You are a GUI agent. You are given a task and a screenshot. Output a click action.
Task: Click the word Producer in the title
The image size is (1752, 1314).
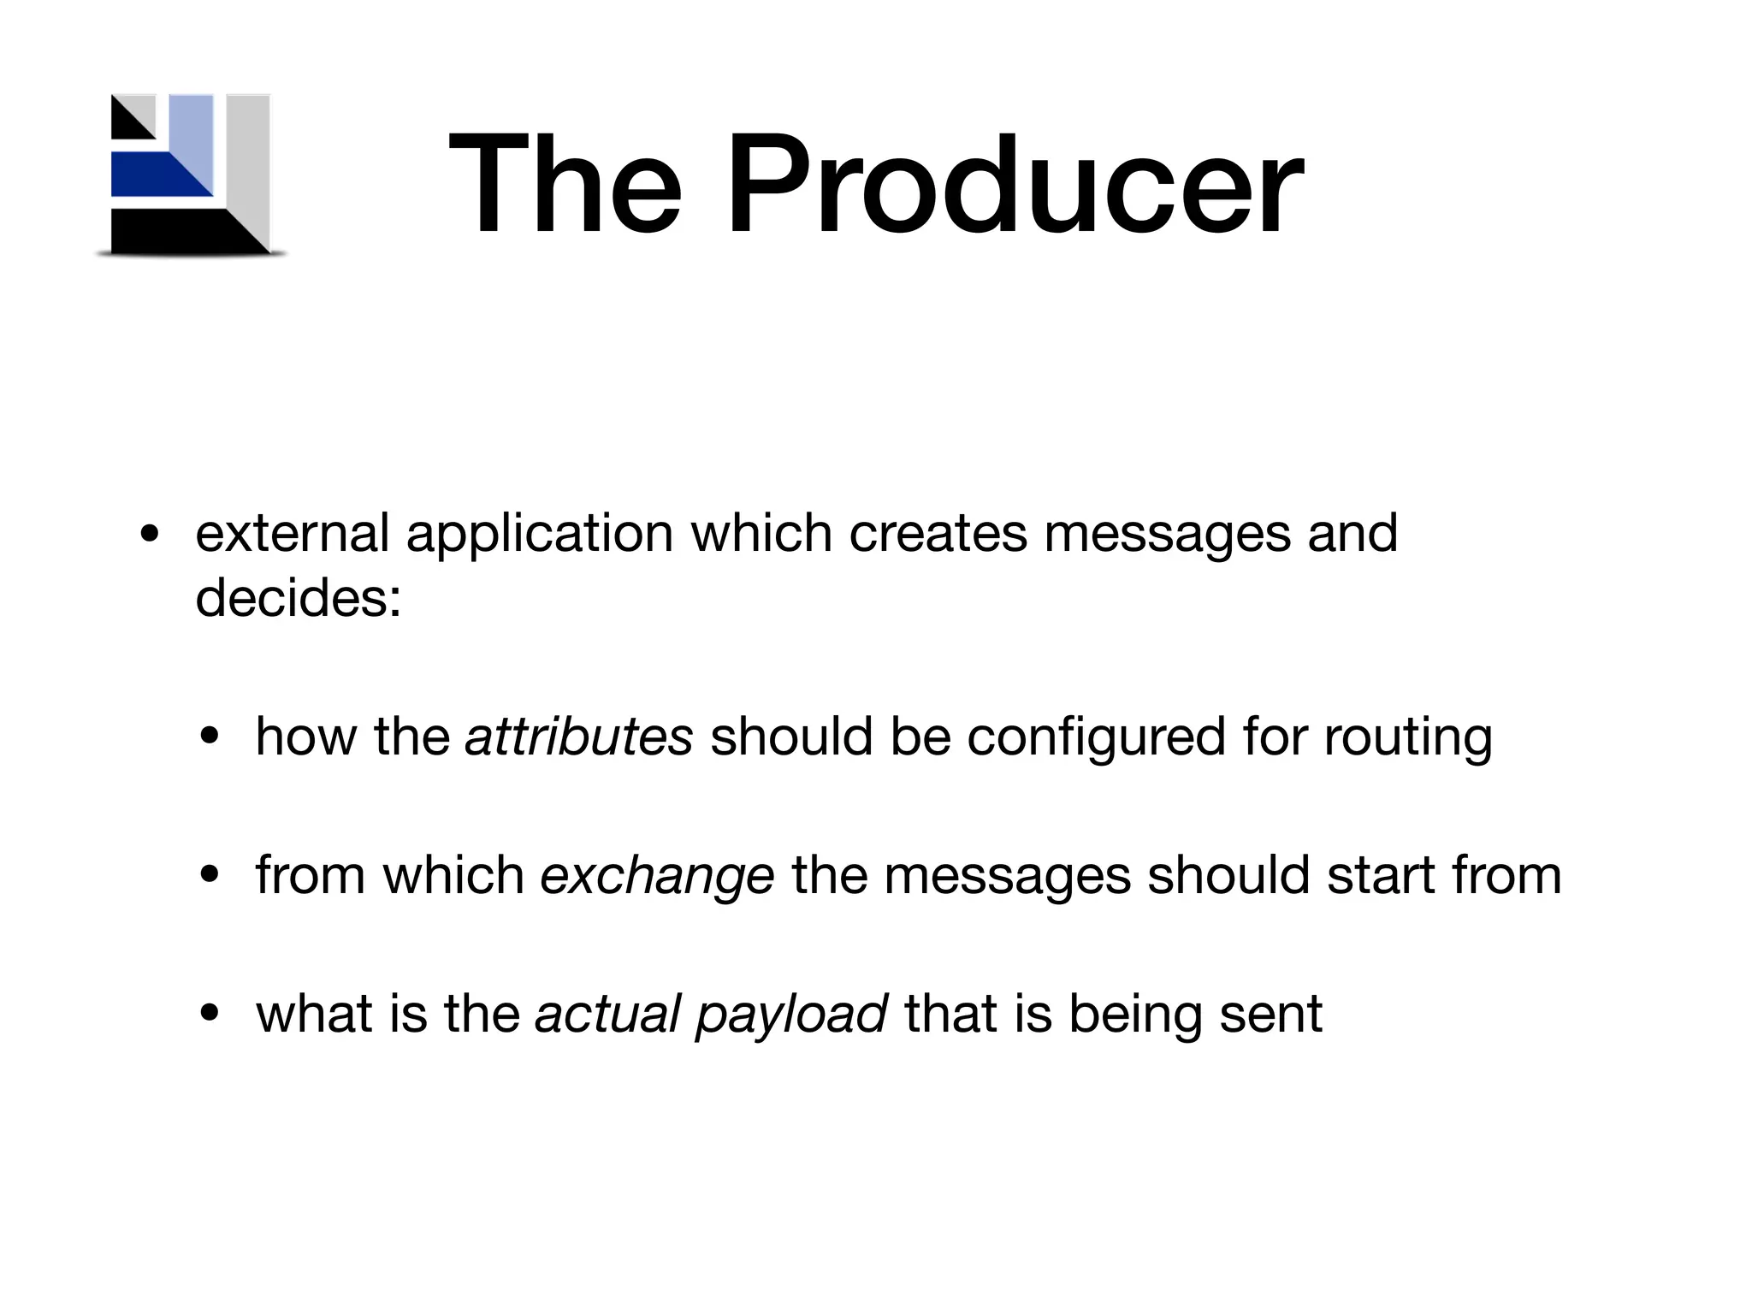pos(1015,185)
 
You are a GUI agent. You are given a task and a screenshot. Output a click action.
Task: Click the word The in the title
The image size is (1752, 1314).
pos(565,185)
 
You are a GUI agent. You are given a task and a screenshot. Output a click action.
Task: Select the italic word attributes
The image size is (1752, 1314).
pos(578,737)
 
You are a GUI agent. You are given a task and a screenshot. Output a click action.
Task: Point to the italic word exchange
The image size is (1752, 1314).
pos(657,876)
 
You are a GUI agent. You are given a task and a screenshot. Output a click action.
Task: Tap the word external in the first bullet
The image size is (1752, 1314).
pos(292,533)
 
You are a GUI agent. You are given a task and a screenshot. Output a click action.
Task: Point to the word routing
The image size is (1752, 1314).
pos(1408,738)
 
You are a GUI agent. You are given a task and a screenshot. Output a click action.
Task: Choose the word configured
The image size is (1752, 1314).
pos(1097,738)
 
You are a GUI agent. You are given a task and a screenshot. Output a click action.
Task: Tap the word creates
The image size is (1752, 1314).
pos(938,533)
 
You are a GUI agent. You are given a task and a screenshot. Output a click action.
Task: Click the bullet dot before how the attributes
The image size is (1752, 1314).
pos(210,738)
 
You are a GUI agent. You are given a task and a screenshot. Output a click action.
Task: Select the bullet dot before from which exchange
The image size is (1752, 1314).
pos(210,876)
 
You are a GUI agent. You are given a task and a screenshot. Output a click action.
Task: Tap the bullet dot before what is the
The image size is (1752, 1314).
pos(210,1015)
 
